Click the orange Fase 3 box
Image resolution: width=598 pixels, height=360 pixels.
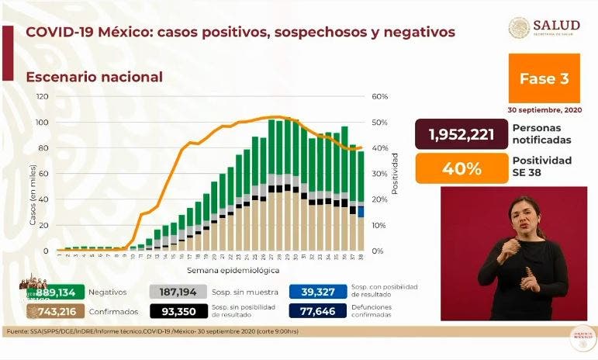pos(544,78)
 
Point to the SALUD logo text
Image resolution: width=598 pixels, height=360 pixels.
pos(556,25)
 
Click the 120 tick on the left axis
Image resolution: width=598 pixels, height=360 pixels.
pos(43,97)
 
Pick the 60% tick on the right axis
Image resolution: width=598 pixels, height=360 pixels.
pos(380,97)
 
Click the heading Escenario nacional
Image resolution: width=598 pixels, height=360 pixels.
pos(94,77)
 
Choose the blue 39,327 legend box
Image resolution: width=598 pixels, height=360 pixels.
pos(318,291)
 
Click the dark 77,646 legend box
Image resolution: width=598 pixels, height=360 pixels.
pos(318,311)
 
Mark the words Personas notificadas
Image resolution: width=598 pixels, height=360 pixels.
pos(542,133)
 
